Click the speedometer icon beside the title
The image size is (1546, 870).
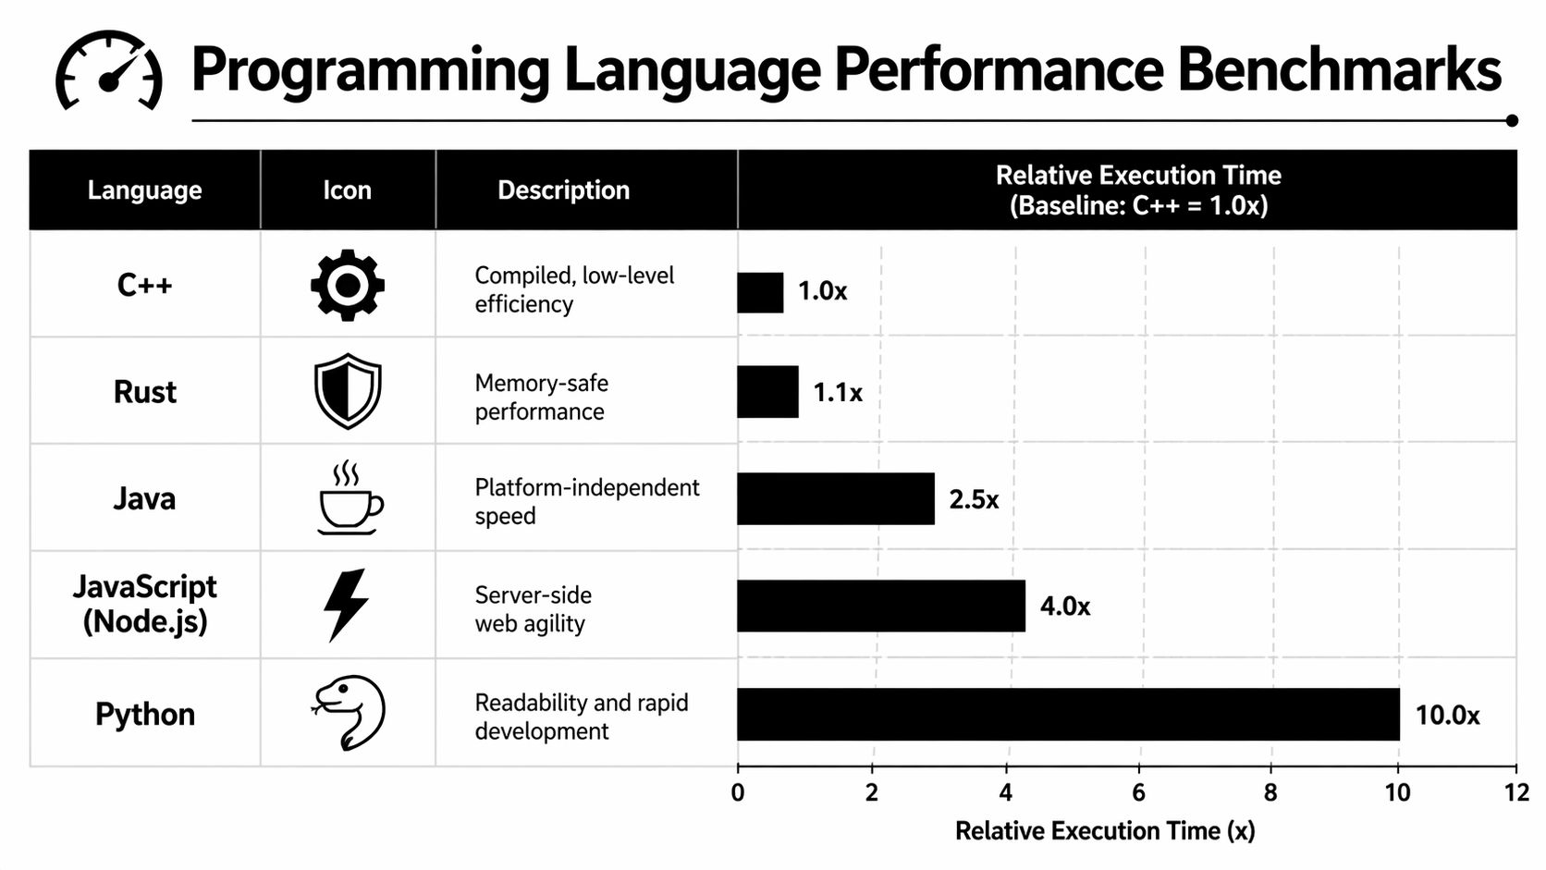[x=109, y=72]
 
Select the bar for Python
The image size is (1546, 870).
[x=1067, y=714]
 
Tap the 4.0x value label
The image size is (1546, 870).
[x=1064, y=607]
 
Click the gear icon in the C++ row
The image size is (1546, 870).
[x=347, y=285]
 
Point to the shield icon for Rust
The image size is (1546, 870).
[x=347, y=391]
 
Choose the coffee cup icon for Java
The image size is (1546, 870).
[x=349, y=499]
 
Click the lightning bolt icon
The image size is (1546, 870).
[x=346, y=605]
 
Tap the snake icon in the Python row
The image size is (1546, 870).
[x=349, y=712]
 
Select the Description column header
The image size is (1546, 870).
[x=563, y=190]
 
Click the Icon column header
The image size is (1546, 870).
[x=347, y=190]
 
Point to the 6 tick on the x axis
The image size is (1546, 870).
[x=1138, y=792]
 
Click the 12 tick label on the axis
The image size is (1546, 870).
[x=1516, y=792]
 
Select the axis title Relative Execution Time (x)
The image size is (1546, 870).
[x=1105, y=831]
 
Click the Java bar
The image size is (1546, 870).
[x=835, y=499]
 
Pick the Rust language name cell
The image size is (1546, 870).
[x=144, y=392]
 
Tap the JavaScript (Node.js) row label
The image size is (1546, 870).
[x=144, y=604]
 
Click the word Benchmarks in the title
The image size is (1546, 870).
[x=1339, y=70]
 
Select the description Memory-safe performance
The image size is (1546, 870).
[x=541, y=398]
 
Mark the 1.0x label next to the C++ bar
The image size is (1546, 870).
[x=822, y=291]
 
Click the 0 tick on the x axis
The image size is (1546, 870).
[x=737, y=792]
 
